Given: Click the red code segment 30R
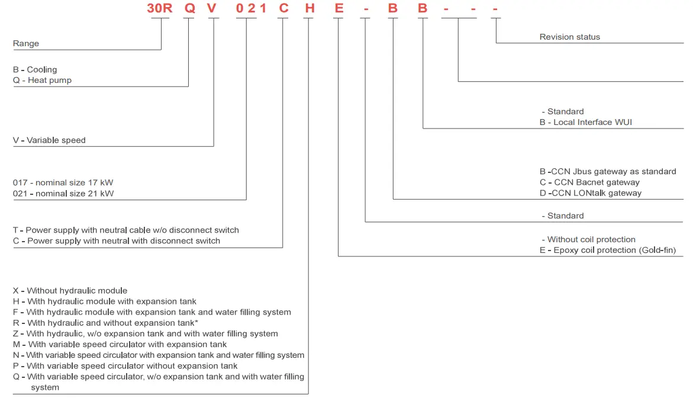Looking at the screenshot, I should click(x=159, y=9).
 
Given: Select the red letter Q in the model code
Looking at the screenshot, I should click(x=190, y=9).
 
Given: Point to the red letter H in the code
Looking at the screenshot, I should click(x=308, y=9).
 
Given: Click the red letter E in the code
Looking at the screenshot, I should click(x=338, y=9).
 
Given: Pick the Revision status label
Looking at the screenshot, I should click(x=569, y=37).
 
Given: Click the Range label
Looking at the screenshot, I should click(x=26, y=43).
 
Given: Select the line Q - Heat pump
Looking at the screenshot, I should click(x=42, y=80).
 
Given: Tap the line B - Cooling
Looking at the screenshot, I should click(x=35, y=69).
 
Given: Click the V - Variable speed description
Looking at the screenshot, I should click(x=49, y=140).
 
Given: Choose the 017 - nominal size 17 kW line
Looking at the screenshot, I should click(x=63, y=182).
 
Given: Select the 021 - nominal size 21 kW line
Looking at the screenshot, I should click(x=63, y=193).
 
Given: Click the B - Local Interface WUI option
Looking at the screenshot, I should click(x=586, y=122).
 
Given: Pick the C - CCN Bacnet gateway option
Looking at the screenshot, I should click(x=589, y=182).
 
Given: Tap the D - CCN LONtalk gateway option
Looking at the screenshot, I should click(x=590, y=192).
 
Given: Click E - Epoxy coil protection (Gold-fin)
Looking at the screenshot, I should click(x=607, y=250).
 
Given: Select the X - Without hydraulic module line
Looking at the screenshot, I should click(x=70, y=290).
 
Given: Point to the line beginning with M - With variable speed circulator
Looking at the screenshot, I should click(x=120, y=344).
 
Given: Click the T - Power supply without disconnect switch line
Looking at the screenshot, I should click(x=125, y=230).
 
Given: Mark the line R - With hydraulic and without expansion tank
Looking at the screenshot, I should click(x=105, y=323).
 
